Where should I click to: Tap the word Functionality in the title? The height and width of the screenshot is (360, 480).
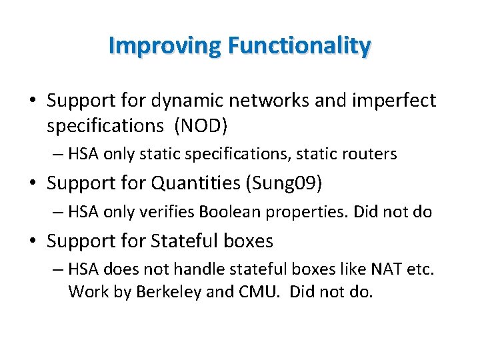pyautogui.click(x=299, y=45)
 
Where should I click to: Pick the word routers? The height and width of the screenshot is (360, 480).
pyautogui.click(x=371, y=154)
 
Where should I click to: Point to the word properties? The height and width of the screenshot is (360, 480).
pyautogui.click(x=293, y=213)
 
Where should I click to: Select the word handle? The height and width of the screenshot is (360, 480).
pyautogui.click(x=196, y=271)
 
